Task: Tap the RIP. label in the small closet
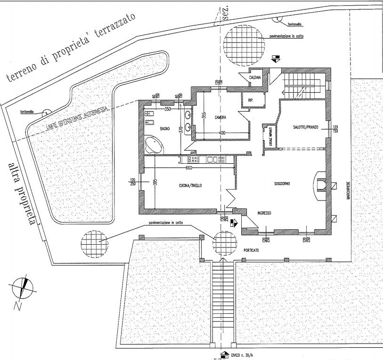tap(250, 100)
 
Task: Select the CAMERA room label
tap(220, 117)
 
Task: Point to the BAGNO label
tap(164, 128)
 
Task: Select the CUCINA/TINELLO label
tap(190, 186)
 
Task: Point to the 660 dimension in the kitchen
tap(189, 168)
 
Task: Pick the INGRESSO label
tap(264, 213)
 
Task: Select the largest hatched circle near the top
tap(243, 46)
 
